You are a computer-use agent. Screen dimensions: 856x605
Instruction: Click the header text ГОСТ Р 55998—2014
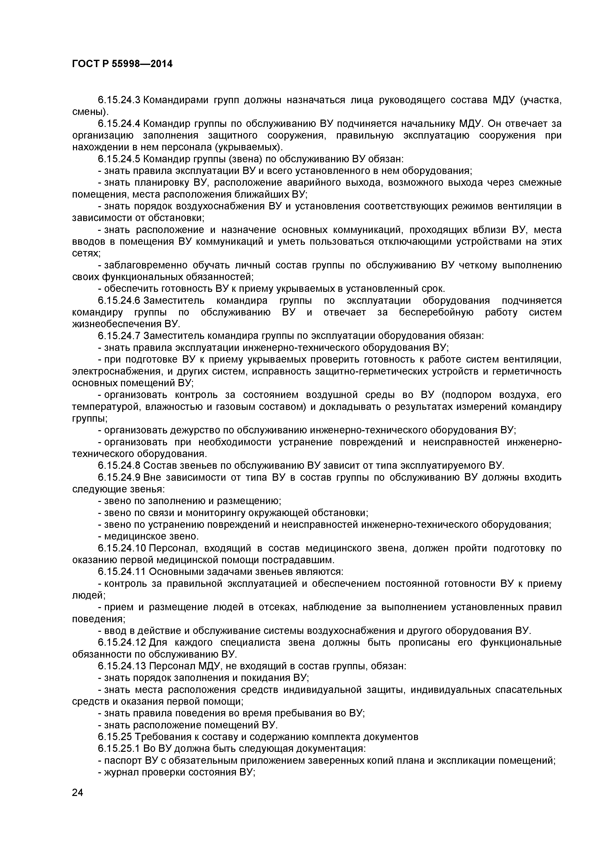tap(122, 64)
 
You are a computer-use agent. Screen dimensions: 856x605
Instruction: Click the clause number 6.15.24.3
tap(119, 100)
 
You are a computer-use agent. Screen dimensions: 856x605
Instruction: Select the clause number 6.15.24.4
tap(119, 123)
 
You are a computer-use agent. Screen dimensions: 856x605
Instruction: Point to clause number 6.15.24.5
tap(119, 159)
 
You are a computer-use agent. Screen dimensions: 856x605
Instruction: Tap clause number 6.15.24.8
tap(119, 466)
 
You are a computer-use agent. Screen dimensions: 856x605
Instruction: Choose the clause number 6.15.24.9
tap(119, 477)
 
